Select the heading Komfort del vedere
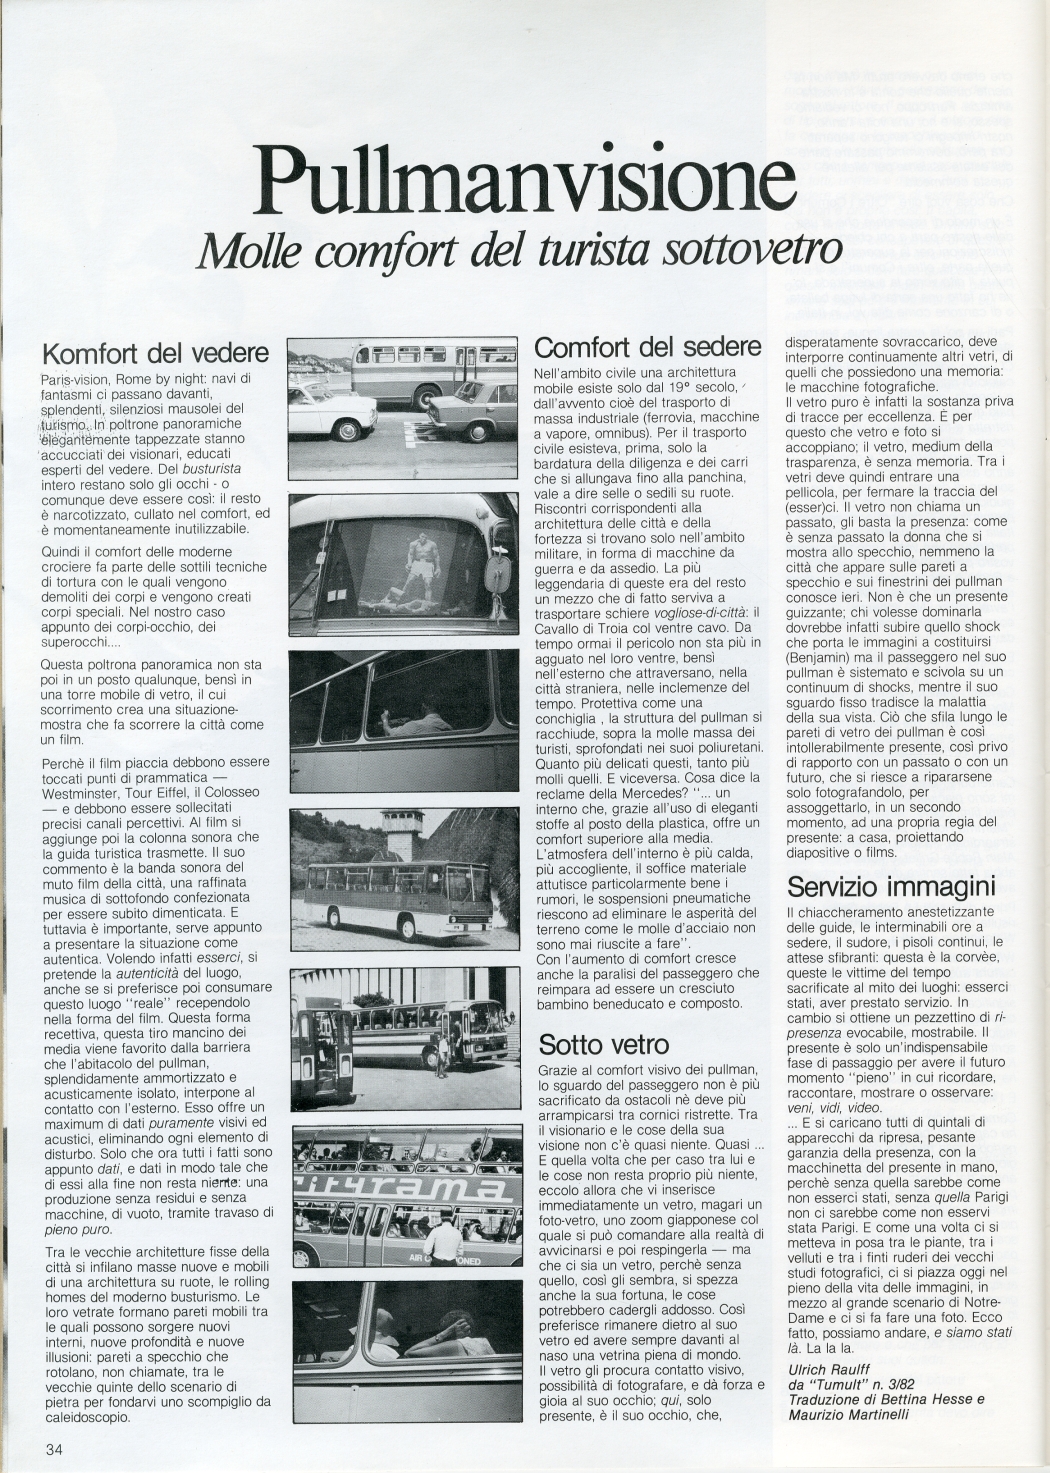click(155, 353)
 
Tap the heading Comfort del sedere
click(648, 347)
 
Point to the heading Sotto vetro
click(603, 1044)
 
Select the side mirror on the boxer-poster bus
click(497, 573)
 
